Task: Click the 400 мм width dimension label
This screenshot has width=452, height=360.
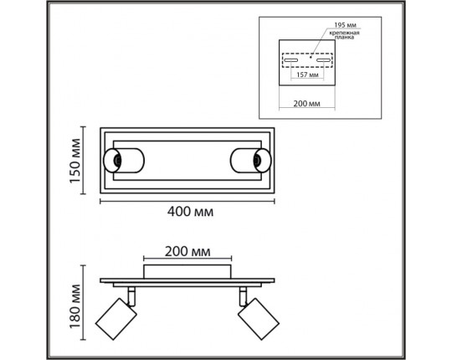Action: [190, 212]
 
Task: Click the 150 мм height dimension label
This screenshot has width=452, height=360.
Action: [75, 161]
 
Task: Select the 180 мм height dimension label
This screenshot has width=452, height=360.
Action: [75, 306]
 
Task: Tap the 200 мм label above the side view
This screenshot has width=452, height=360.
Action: [187, 252]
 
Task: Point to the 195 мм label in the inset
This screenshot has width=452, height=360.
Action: [346, 25]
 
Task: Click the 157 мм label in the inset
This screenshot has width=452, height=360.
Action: [307, 75]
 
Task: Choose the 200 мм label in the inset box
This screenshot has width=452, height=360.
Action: [306, 104]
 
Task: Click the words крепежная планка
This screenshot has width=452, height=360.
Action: [345, 35]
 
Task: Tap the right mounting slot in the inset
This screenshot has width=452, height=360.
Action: [323, 60]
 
